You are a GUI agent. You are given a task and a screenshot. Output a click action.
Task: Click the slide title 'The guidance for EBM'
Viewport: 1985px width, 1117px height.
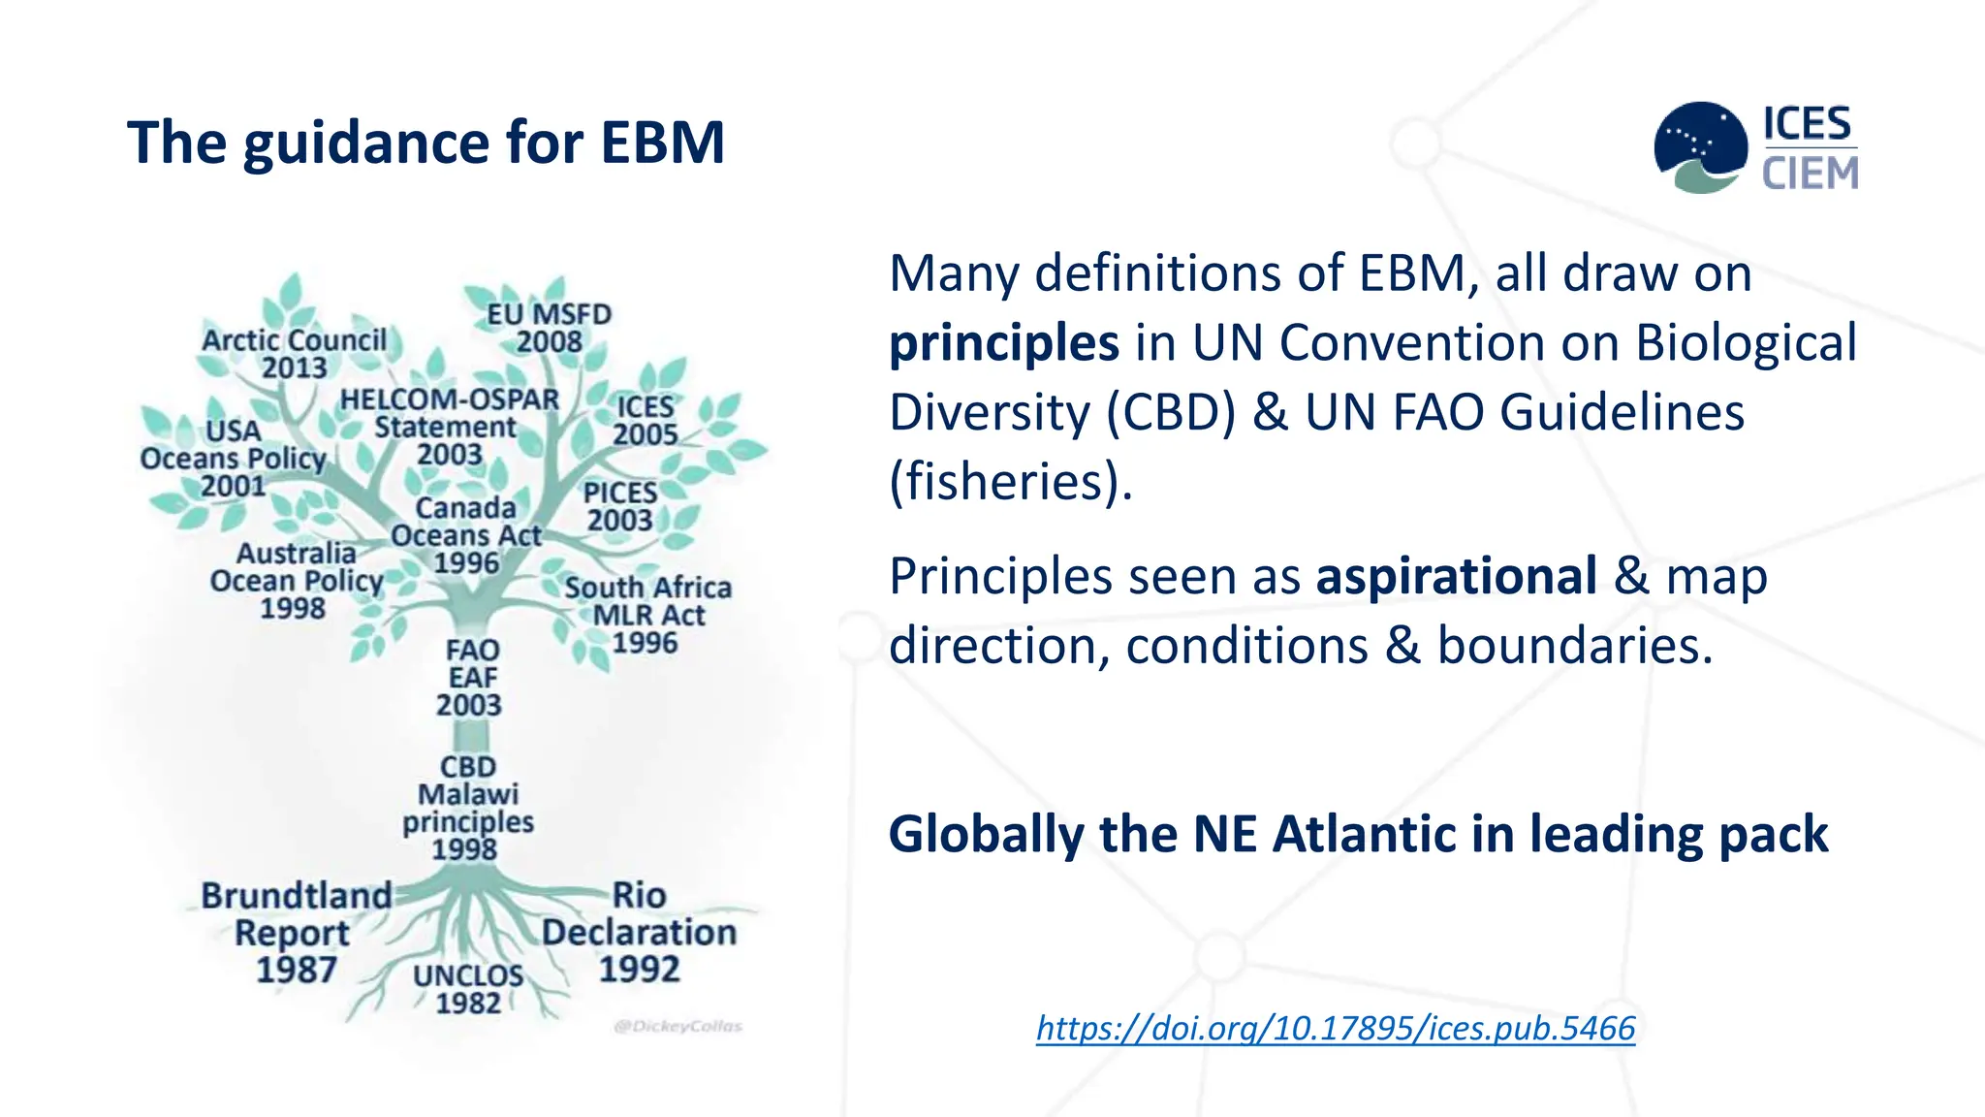(x=425, y=143)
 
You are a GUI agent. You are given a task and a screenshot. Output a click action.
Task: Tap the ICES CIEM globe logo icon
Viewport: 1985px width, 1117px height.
(x=1701, y=147)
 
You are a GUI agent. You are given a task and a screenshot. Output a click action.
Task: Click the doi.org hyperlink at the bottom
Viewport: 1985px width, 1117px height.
(x=1336, y=1028)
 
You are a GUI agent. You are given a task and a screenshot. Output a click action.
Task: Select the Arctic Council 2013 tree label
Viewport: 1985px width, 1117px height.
(x=294, y=354)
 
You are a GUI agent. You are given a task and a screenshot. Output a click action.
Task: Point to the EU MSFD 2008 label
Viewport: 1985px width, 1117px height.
(x=549, y=328)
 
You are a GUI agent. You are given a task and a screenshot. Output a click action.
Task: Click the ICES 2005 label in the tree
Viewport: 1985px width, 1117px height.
(x=645, y=421)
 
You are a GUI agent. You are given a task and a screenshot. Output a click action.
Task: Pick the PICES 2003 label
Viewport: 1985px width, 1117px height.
(x=620, y=506)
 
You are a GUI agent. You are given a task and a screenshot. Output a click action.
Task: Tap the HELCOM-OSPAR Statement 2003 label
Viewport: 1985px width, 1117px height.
(x=450, y=427)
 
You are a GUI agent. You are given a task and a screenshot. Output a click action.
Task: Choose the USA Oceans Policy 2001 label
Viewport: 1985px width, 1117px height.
(x=233, y=459)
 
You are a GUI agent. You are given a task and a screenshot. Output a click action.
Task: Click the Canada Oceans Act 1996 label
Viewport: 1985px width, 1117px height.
(x=466, y=535)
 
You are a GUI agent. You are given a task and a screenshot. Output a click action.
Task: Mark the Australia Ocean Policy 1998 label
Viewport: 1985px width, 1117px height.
(x=296, y=580)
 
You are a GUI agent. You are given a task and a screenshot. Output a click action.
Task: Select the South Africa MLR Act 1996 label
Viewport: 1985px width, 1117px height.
(x=647, y=615)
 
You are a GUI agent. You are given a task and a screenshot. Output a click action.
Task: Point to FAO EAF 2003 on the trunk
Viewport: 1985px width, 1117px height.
(x=470, y=677)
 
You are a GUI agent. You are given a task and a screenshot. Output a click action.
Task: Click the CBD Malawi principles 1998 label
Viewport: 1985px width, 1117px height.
(x=467, y=808)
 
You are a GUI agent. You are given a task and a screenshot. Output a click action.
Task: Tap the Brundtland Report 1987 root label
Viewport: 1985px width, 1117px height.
(x=296, y=932)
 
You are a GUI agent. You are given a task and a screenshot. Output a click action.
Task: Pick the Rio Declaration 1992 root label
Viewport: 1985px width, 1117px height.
(x=639, y=932)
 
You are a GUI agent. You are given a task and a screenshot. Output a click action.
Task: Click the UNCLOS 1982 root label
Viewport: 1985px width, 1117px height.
(x=468, y=989)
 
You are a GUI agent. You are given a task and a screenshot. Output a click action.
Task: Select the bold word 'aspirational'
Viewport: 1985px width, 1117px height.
(x=1456, y=576)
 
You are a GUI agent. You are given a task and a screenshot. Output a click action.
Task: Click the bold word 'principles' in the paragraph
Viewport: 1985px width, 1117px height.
(x=1004, y=343)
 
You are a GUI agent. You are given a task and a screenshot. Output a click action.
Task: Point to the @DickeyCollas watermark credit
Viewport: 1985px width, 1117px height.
(x=677, y=1026)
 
